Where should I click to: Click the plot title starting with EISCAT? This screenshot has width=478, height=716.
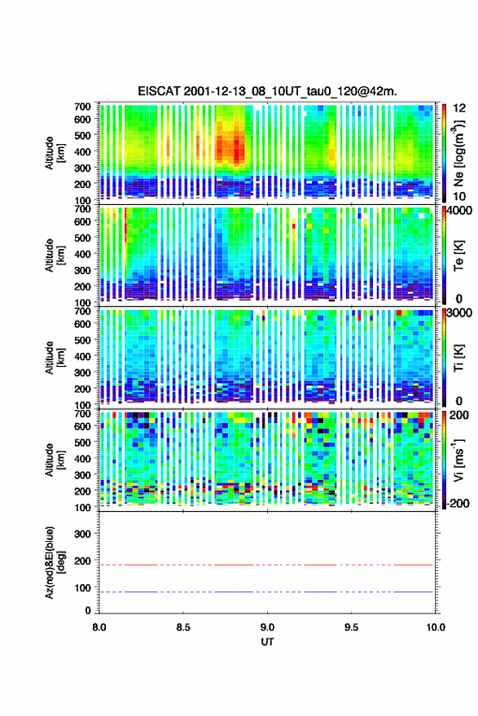point(267,91)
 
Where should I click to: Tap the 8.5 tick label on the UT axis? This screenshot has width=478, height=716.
point(183,627)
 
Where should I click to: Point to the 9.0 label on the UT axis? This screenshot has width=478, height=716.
point(267,627)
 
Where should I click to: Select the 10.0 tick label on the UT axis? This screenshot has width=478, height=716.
point(436,627)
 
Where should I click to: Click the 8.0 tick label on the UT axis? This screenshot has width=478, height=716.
point(99,627)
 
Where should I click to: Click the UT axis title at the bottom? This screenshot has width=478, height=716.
point(267,642)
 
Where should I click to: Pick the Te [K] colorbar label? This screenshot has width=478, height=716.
point(458,255)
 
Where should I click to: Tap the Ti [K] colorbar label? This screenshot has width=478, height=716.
point(458,358)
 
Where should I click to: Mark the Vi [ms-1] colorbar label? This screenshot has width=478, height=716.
point(458,461)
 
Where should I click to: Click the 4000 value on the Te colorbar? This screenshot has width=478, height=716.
point(460,211)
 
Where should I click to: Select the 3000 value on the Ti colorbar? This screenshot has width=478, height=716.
point(460,312)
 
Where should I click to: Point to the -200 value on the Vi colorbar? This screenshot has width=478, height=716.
point(458,503)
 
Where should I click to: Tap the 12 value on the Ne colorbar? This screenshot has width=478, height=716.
point(459,108)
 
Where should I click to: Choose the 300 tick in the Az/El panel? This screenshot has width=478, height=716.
point(82,534)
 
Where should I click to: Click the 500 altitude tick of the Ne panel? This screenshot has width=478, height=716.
point(82,135)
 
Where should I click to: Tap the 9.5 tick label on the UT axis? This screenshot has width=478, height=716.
point(352,627)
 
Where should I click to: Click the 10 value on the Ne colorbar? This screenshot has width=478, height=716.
point(459,196)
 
